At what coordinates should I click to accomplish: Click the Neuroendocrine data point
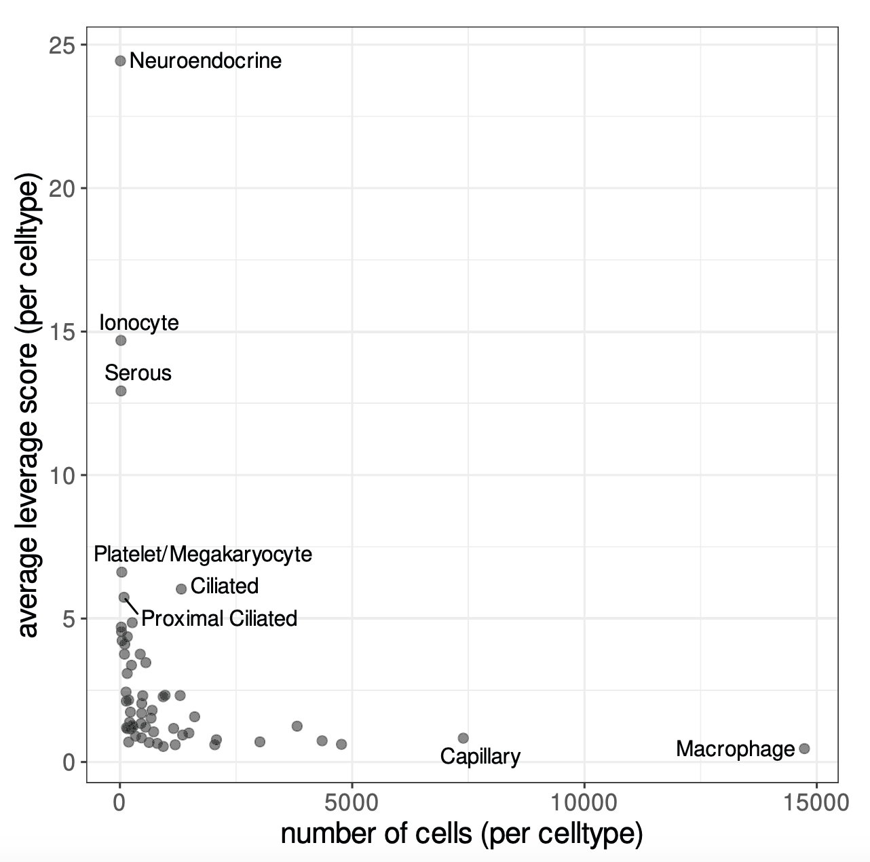coord(120,61)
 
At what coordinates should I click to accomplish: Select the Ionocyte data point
coord(121,340)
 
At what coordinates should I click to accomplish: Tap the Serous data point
coord(121,391)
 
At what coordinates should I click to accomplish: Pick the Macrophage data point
coord(804,749)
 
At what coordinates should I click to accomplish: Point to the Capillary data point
coord(463,738)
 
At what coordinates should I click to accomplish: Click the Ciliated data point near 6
coord(181,589)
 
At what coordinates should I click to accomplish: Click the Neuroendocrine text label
coord(205,61)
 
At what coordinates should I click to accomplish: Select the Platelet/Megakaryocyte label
coord(203,555)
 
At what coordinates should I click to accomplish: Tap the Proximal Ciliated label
coord(219,618)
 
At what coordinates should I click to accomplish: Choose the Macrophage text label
coord(735,749)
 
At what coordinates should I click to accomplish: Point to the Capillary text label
coord(480,756)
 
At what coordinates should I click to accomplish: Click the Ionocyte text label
coord(139,322)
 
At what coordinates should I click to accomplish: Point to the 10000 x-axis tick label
coord(584,802)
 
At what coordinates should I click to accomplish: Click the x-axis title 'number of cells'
coord(461,834)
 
